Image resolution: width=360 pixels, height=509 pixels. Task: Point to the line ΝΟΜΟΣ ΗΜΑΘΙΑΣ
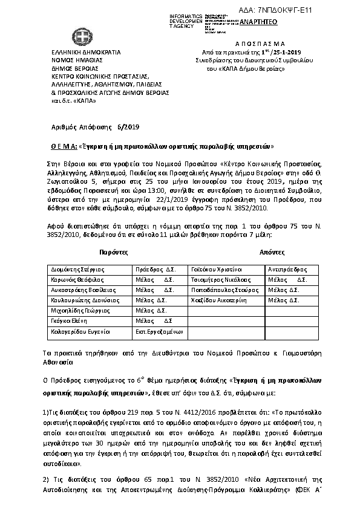pos(71,60)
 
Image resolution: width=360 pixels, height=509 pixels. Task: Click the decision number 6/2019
pos(128,127)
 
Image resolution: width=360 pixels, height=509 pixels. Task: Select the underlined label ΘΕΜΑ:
pos(61,146)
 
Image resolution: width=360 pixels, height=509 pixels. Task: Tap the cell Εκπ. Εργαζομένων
pos(159,332)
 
